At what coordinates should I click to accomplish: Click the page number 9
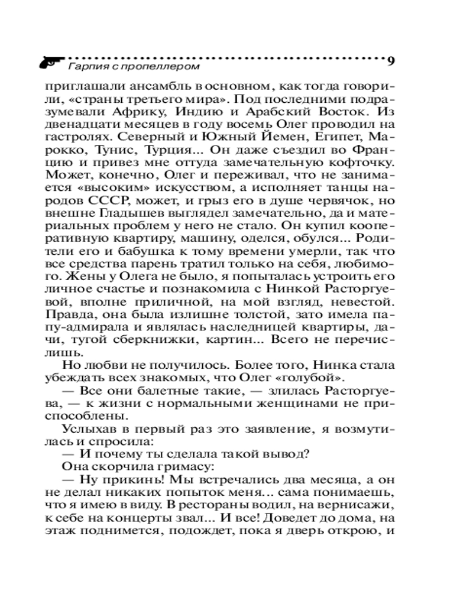point(391,60)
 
